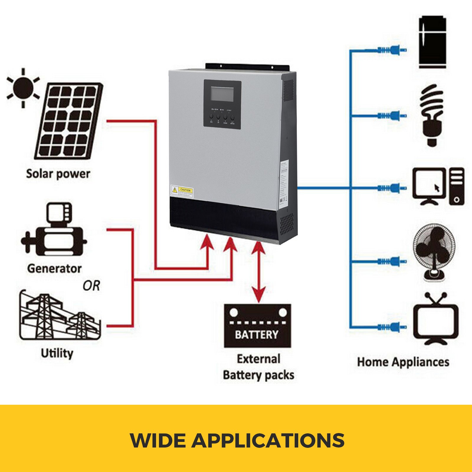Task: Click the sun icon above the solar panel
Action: point(23,88)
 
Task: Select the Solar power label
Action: point(58,174)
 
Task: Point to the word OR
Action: point(91,286)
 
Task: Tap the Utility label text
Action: point(57,353)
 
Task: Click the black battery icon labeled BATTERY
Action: point(257,326)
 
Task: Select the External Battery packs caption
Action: point(258,367)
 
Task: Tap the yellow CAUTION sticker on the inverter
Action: point(182,191)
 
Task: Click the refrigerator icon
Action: point(432,42)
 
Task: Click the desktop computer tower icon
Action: point(456,186)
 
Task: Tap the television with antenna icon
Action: point(435,319)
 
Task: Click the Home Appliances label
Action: point(403,362)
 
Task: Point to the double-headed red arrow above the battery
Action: point(258,271)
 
